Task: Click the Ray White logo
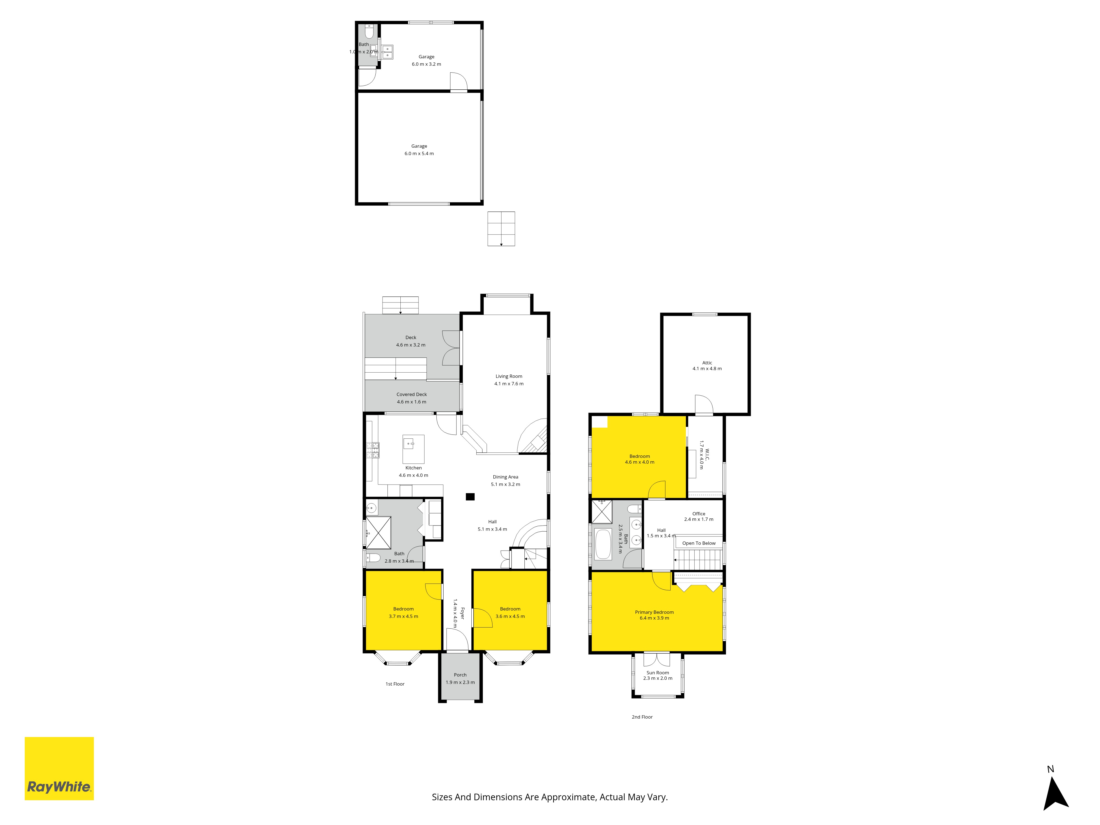click(59, 768)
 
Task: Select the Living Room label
click(509, 376)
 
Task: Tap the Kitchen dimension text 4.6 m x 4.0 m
click(413, 475)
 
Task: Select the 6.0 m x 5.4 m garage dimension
click(419, 154)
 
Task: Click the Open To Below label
click(699, 543)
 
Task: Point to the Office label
click(699, 514)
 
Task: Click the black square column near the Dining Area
click(470, 496)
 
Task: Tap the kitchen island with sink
click(413, 449)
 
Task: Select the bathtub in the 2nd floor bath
click(603, 544)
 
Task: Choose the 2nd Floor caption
click(642, 717)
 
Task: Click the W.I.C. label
click(707, 455)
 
